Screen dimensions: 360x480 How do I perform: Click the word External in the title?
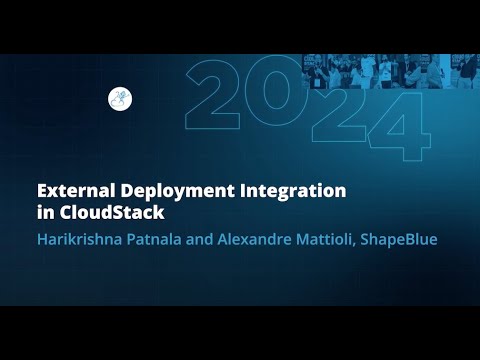(68, 189)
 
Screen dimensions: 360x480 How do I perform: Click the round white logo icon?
(119, 99)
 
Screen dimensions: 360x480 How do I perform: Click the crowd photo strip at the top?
(390, 72)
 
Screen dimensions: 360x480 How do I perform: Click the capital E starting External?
(42, 189)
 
